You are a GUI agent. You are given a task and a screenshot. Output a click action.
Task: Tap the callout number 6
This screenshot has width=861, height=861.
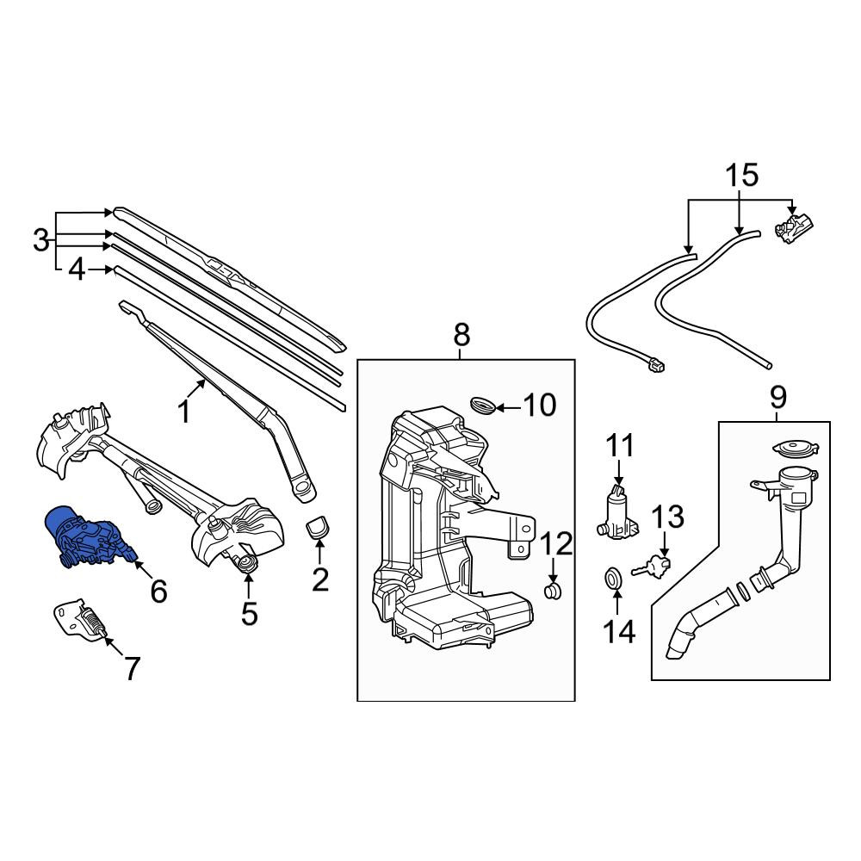pos(158,592)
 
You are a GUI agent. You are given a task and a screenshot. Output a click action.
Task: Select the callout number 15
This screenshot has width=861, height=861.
pos(742,175)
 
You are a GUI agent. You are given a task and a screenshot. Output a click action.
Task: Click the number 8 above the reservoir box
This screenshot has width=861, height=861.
pos(461,334)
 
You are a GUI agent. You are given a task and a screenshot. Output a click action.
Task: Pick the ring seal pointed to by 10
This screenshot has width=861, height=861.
pos(483,405)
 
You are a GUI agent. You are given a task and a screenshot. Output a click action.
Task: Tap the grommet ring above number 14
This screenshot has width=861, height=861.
pos(613,578)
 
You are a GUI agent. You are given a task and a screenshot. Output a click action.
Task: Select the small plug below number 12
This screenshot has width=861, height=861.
pos(553,592)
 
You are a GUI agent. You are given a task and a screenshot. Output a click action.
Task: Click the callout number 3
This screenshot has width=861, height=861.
pos(40,240)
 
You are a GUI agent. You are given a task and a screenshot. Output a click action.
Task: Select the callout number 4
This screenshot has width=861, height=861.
pos(77,269)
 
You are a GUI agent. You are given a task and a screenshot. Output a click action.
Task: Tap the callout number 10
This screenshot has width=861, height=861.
pos(540,406)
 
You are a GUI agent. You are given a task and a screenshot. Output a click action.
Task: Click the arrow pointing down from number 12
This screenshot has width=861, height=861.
pos(553,570)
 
